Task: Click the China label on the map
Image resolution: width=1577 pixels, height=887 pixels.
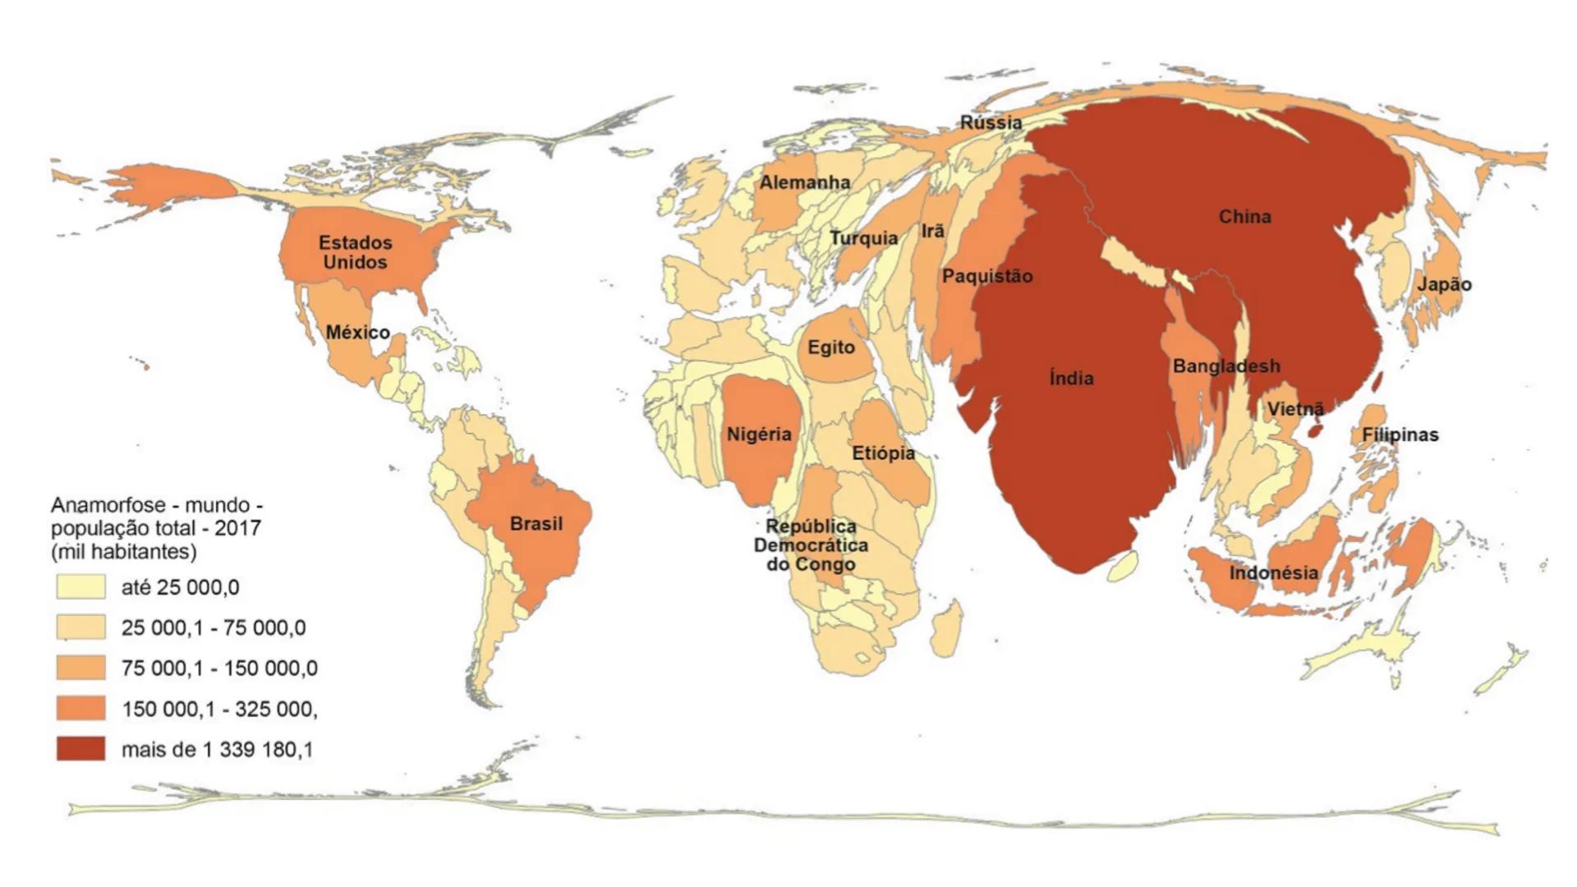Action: point(1244,217)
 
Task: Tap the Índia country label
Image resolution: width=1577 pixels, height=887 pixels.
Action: point(1071,378)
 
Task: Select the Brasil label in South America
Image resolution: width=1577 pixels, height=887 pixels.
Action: point(536,524)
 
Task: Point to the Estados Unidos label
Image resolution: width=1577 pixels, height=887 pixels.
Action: point(355,252)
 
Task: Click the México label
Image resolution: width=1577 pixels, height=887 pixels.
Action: point(357,333)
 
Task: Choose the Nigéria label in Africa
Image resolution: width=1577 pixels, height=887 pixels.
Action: point(758,434)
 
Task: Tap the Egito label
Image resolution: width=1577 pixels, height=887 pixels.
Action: point(830,347)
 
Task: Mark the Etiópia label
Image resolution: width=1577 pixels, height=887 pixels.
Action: point(883,453)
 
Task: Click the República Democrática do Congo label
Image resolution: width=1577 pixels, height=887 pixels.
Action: point(811,545)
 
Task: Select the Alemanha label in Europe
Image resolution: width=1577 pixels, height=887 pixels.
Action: point(804,182)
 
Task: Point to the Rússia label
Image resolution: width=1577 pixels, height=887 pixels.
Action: point(991,123)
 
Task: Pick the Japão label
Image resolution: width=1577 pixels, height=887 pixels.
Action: point(1444,285)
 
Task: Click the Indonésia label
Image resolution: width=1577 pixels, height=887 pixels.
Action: point(1273,573)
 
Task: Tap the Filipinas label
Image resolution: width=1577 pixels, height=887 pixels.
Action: point(1400,435)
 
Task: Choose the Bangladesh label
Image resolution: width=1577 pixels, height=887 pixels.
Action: point(1225,366)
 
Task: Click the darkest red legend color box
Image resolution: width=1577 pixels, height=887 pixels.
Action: point(80,749)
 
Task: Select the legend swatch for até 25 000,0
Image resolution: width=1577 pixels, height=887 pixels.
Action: point(80,587)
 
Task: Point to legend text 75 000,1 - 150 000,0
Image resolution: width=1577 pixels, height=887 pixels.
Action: point(219,669)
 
